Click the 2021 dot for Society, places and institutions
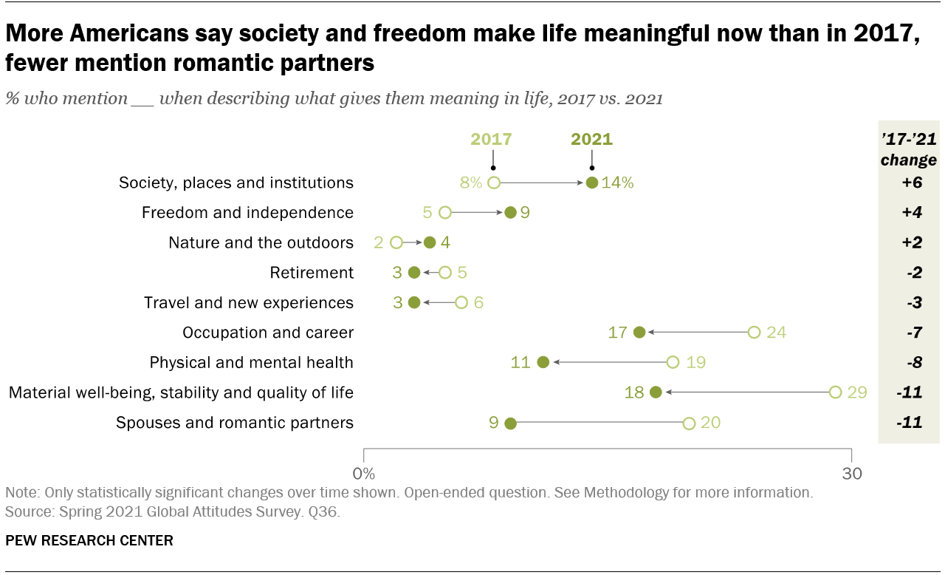click(591, 183)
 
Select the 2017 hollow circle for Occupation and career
click(754, 333)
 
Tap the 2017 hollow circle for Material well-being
click(835, 392)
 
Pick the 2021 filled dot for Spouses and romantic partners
click(510, 423)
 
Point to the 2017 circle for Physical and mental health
click(673, 362)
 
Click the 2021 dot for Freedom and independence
click(510, 213)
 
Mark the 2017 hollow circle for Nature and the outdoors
click(396, 242)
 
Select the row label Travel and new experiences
click(248, 303)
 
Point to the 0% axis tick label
click(364, 474)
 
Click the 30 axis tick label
click(852, 474)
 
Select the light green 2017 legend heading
click(492, 139)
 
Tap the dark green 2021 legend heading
click(591, 139)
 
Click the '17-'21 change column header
click(908, 150)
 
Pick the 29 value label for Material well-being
click(856, 392)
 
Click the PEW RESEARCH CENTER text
click(89, 540)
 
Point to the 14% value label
click(617, 183)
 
